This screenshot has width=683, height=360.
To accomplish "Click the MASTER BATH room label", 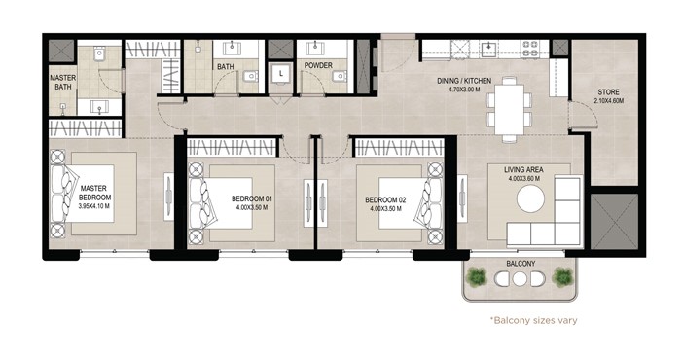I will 63,82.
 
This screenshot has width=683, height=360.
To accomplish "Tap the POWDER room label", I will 318,66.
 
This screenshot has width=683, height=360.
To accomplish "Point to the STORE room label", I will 612,94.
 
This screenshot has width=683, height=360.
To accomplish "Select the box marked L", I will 280,72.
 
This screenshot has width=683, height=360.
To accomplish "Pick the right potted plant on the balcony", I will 561,278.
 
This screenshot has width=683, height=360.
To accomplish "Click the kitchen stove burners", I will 531,45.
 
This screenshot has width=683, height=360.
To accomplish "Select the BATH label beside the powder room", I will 226,66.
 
